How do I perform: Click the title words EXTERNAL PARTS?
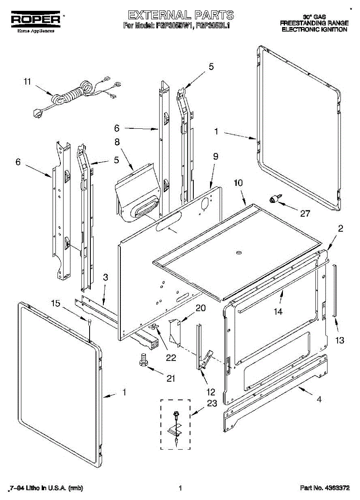[x=180, y=15]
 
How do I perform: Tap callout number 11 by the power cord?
[x=27, y=82]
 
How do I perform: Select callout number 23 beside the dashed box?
[x=212, y=403]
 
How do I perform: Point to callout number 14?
[x=278, y=311]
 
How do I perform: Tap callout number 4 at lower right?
[x=319, y=399]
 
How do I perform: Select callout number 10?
[x=238, y=182]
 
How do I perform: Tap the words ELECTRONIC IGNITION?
[x=314, y=30]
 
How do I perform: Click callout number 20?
[x=200, y=308]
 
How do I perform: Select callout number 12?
[x=211, y=392]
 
